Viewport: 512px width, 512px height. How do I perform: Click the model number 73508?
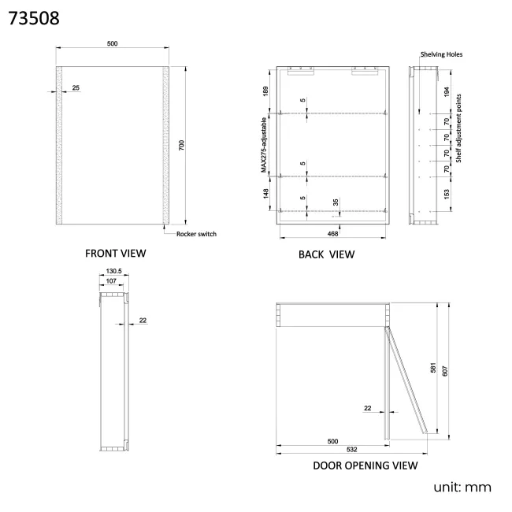pyautogui.click(x=33, y=17)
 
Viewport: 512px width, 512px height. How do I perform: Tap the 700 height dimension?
pyautogui.click(x=180, y=146)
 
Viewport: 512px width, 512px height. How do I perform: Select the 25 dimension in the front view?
pyautogui.click(x=76, y=87)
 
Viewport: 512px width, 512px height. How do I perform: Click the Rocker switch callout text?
pyautogui.click(x=196, y=234)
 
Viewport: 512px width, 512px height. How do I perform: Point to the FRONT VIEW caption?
pyautogui.click(x=116, y=254)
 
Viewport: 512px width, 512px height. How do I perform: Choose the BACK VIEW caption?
pyautogui.click(x=326, y=254)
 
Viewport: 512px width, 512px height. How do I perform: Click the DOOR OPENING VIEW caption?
pyautogui.click(x=365, y=466)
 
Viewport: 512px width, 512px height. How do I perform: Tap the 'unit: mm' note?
pyautogui.click(x=462, y=488)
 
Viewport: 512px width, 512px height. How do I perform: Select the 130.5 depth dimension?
pyautogui.click(x=112, y=273)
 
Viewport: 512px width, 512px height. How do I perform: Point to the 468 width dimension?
pyautogui.click(x=333, y=233)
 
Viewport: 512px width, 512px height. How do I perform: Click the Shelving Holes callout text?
pyautogui.click(x=441, y=54)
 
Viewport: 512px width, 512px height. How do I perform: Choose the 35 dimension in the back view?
pyautogui.click(x=336, y=202)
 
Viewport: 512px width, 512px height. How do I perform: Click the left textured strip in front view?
pyautogui.click(x=60, y=146)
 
